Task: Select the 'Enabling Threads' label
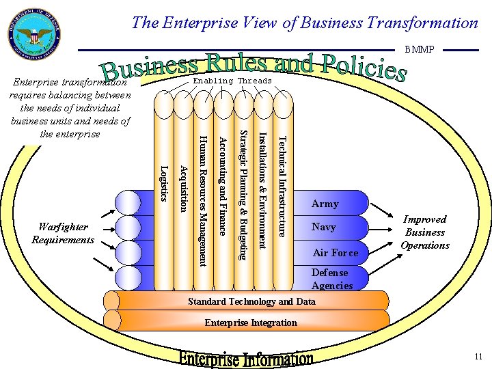coord(232,81)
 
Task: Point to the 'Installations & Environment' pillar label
coord(262,190)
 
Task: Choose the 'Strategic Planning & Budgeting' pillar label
coord(243,194)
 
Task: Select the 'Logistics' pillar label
coord(163,183)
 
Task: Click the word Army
coord(325,204)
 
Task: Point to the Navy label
coord(324,227)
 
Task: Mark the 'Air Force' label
coord(335,253)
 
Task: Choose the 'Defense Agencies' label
coord(332,279)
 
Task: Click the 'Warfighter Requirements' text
coord(63,233)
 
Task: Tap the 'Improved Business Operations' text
coord(424,232)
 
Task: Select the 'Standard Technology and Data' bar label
coord(251,301)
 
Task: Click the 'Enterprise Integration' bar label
coord(251,323)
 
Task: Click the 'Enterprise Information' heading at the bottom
coord(247,358)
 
